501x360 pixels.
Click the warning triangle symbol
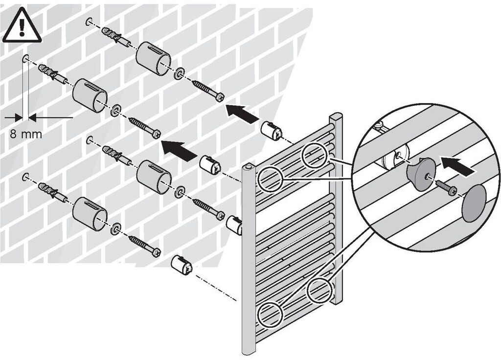point(22,25)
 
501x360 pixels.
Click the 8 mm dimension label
point(26,133)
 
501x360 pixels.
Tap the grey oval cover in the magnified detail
point(473,203)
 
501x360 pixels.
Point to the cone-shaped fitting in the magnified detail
point(418,173)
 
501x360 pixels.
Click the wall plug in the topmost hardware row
point(116,37)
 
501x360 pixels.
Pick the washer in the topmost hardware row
point(180,73)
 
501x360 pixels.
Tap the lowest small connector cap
point(182,265)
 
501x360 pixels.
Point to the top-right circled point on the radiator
point(314,155)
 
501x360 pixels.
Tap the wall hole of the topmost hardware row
point(89,21)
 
